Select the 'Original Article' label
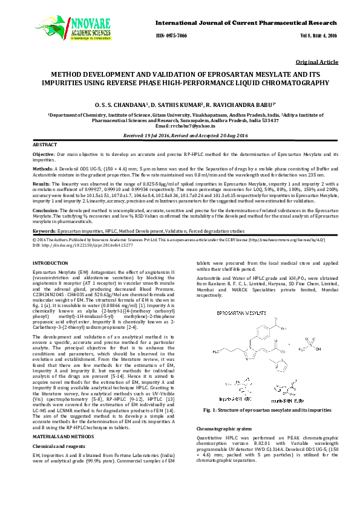317,62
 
